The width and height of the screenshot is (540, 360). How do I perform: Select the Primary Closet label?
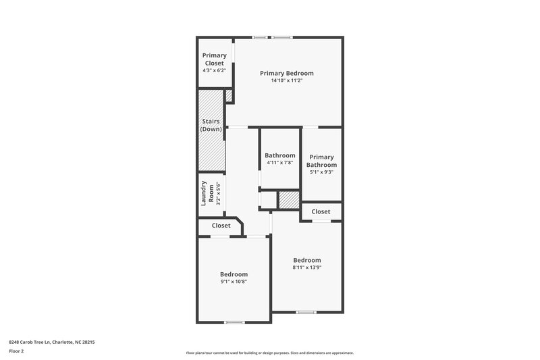point(214,59)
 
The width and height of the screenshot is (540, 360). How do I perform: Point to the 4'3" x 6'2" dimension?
point(214,70)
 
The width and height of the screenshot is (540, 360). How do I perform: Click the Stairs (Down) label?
point(211,125)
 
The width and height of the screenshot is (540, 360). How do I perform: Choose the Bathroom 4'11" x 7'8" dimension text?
point(279,162)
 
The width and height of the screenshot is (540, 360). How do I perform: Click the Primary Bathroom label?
point(321,161)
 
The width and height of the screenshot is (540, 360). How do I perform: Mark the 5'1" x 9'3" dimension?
point(321,172)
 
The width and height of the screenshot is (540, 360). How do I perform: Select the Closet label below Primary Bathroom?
point(321,211)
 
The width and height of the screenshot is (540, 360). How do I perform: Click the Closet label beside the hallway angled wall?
point(221,226)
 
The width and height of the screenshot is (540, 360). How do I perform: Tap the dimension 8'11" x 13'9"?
point(306,267)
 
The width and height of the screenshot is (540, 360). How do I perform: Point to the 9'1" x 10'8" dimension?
point(234,282)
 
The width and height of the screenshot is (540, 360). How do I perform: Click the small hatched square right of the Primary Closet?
point(229,97)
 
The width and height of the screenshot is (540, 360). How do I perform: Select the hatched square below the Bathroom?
point(289,201)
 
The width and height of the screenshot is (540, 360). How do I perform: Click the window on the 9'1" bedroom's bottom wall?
point(234,322)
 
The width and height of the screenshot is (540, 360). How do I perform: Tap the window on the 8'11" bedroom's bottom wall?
point(306,312)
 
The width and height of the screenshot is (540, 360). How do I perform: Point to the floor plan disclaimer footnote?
point(269,353)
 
